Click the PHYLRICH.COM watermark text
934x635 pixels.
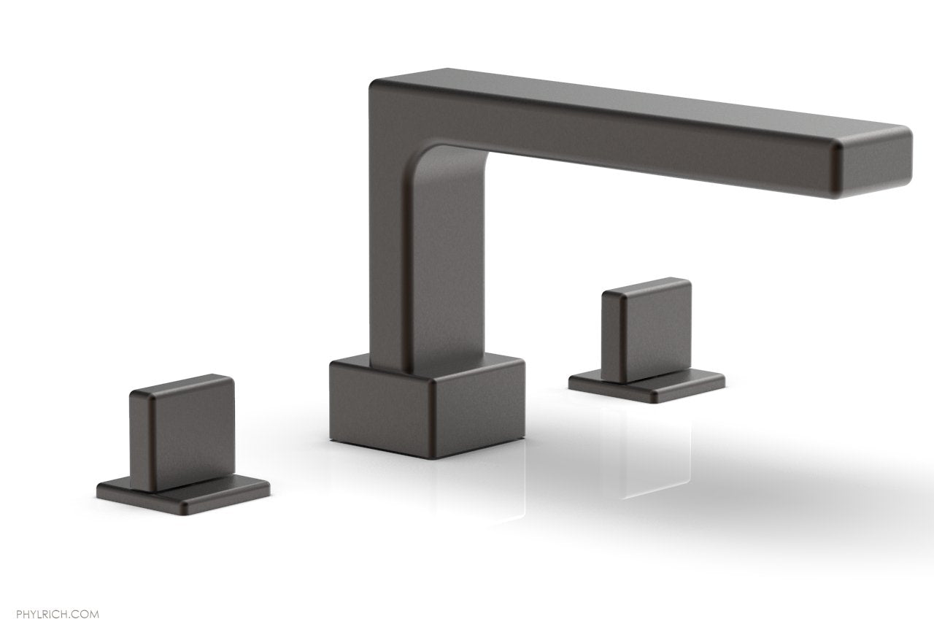(50, 595)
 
